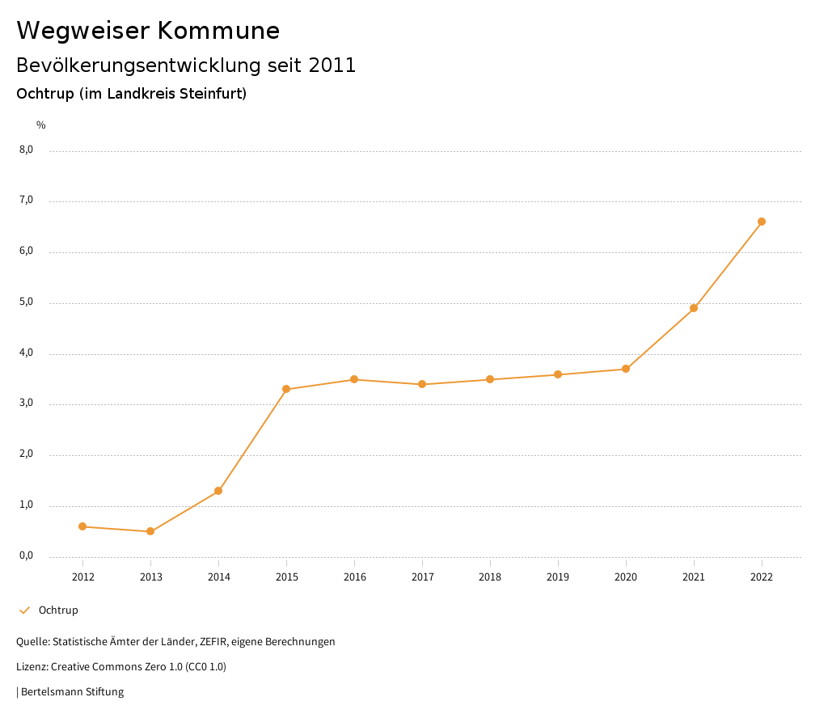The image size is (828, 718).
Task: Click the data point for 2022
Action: click(x=762, y=222)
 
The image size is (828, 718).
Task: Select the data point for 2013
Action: click(x=150, y=531)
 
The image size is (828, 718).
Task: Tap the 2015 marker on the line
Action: click(x=286, y=389)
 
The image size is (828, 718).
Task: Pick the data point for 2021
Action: click(x=694, y=308)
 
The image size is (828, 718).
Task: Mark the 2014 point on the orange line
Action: click(x=218, y=491)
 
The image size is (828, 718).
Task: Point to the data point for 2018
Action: click(x=490, y=379)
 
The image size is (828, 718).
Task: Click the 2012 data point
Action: click(x=82, y=526)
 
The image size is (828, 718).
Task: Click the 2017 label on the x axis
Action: click(x=422, y=577)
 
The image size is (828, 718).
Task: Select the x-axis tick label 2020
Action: click(x=626, y=577)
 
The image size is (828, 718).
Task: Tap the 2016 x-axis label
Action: click(x=354, y=577)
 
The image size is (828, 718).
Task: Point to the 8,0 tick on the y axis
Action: click(x=26, y=150)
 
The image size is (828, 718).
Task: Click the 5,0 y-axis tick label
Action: click(x=26, y=302)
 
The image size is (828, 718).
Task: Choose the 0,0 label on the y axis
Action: click(x=26, y=555)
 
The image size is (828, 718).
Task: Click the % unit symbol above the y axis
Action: click(x=41, y=125)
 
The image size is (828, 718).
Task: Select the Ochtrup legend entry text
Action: click(x=58, y=610)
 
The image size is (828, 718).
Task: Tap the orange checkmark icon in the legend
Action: click(x=24, y=610)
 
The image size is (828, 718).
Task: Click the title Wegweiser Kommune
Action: click(x=148, y=31)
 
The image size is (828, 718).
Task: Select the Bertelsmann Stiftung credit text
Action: click(x=72, y=692)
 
